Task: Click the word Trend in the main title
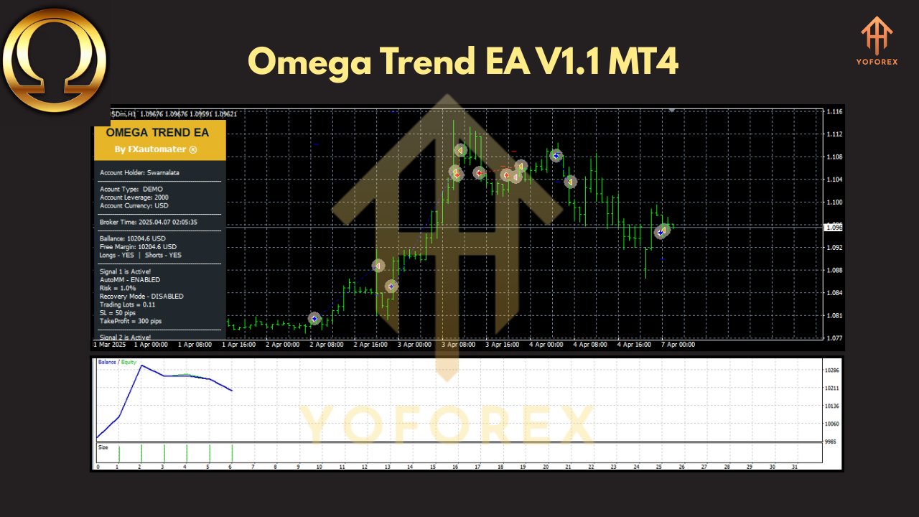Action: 424,62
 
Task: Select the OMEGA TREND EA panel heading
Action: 157,132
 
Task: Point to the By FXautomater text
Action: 156,149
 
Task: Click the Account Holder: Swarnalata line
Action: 140,172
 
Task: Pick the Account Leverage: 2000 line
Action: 134,197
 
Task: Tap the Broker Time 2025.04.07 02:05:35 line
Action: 149,222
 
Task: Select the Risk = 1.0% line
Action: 118,288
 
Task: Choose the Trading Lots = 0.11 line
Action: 128,304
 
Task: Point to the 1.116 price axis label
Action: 834,112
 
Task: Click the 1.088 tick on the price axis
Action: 834,270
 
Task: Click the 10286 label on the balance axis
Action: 832,371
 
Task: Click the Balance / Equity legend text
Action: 117,363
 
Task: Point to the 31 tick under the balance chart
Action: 794,467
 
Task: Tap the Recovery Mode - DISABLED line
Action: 141,296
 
